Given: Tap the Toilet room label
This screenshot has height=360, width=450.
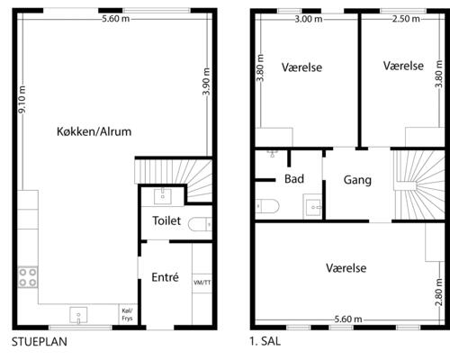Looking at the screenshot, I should point(167,220).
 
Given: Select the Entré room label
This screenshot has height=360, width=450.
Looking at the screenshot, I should point(165,276).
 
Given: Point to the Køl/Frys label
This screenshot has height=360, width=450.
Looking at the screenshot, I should point(126,313).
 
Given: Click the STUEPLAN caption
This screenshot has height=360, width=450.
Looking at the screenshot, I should point(39,342).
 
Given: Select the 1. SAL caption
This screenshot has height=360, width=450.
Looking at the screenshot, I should point(267,342).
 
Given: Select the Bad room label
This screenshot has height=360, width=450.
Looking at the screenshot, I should point(293,179).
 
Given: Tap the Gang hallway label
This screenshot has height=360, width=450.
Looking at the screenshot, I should point(357,180).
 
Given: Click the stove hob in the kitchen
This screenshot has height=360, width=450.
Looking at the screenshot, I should point(27,275).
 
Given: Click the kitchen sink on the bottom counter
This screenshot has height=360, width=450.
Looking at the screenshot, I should point(78,316).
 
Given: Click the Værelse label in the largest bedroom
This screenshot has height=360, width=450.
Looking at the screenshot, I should point(346,267).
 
